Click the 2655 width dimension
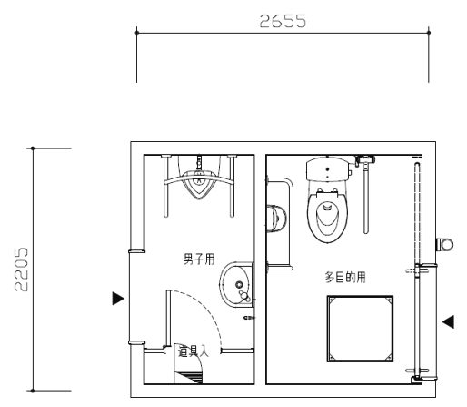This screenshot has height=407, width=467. coord(283,21)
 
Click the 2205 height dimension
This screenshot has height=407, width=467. coord(21,270)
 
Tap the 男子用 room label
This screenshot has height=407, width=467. coord(199,259)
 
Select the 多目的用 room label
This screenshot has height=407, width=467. coord(345,277)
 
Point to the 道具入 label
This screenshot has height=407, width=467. coord(194,351)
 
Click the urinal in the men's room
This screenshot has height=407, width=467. coord(199,185)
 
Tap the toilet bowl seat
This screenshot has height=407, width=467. coord(327,217)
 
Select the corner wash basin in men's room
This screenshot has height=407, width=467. coord(236,285)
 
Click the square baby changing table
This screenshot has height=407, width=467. coord(360,329)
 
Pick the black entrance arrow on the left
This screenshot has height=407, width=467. coord(118,299)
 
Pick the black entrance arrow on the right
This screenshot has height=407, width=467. coord(448,321)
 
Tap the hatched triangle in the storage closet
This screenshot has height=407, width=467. coord(190,377)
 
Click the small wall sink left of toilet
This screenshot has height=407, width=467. coord(276,219)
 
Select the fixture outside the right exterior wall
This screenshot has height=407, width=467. coord(444,245)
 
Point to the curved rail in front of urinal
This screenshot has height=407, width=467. coord(199,180)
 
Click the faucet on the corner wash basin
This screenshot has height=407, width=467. coord(244,296)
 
